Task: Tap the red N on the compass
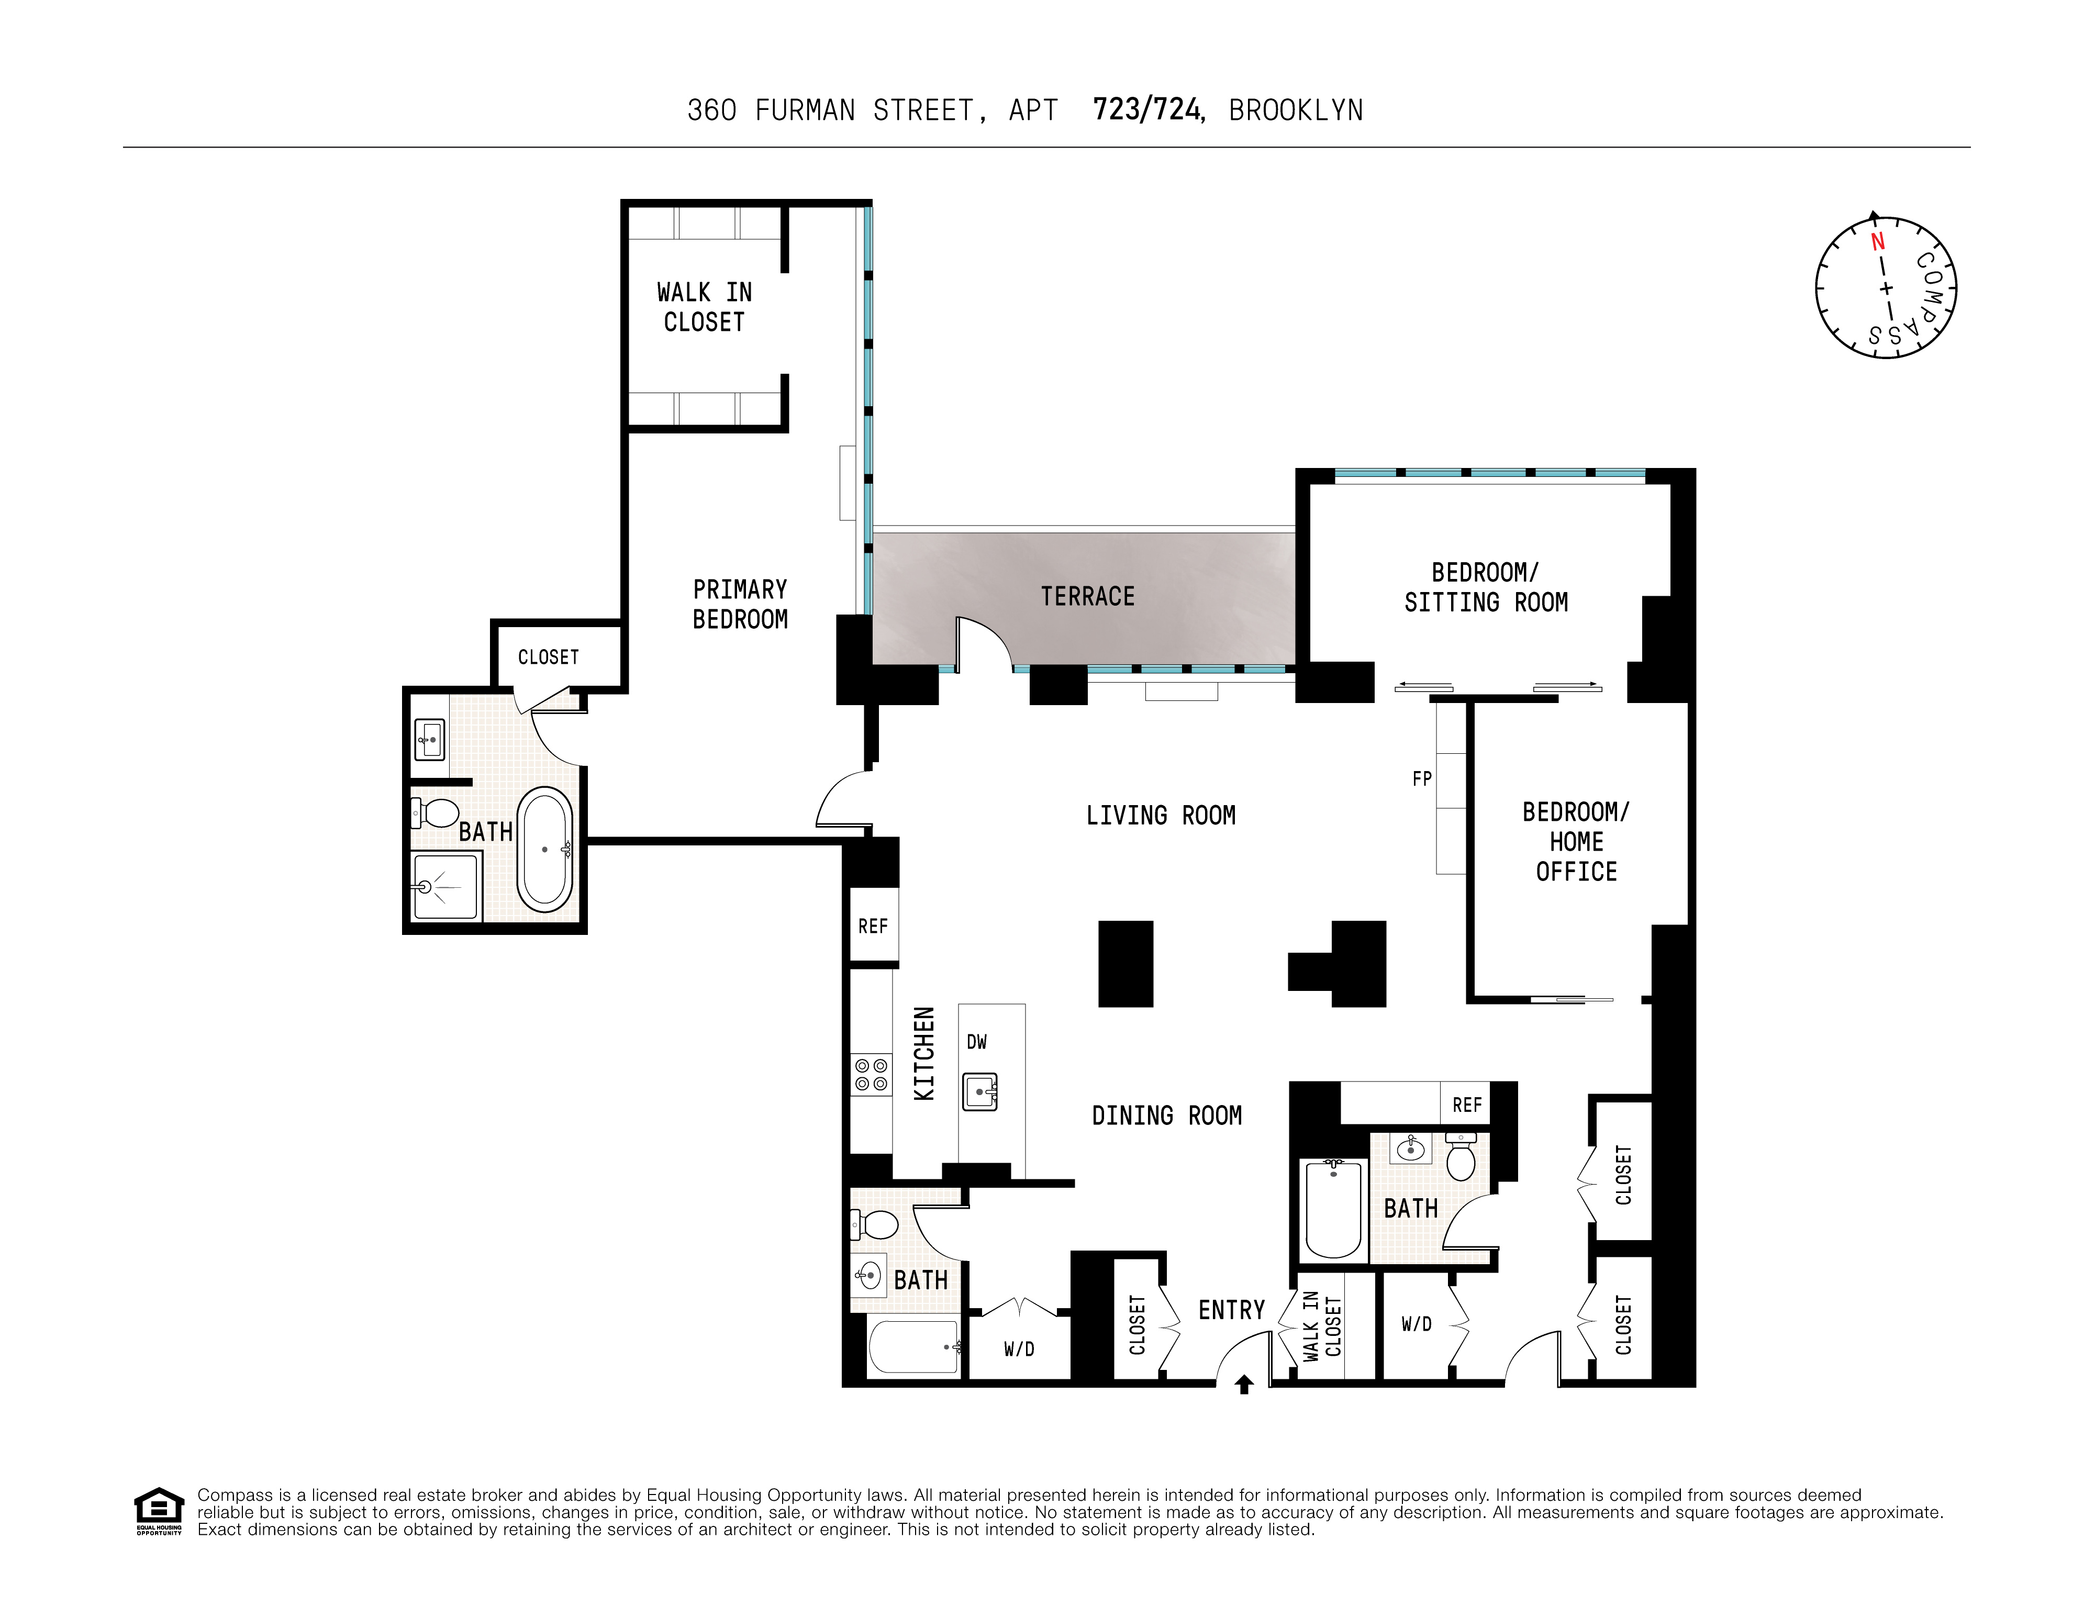1877,242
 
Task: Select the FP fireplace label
1422,779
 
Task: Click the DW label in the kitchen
976,1042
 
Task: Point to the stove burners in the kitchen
871,1074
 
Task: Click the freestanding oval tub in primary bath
545,849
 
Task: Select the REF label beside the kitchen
873,927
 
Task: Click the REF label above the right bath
1467,1105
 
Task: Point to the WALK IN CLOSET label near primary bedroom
704,307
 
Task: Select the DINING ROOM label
1166,1116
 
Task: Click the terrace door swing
983,641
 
